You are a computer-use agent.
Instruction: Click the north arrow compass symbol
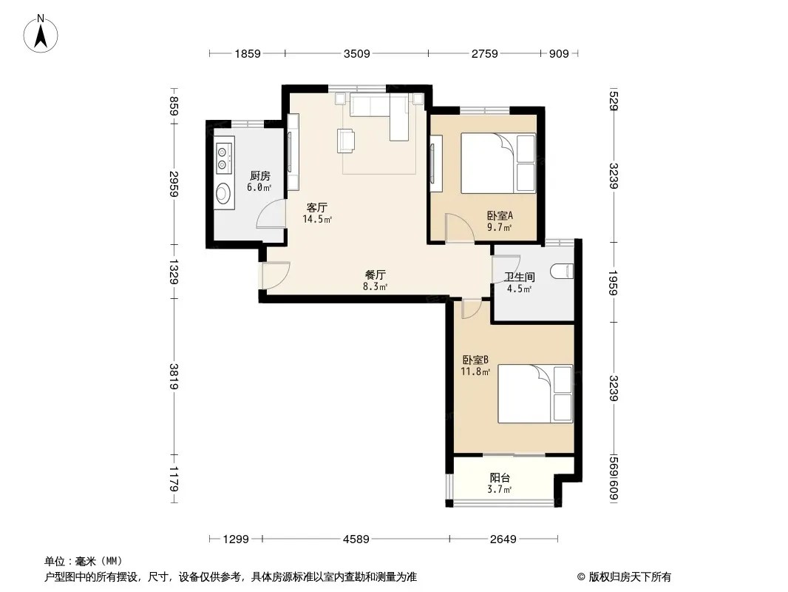[41, 33]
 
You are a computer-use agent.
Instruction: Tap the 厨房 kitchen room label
[259, 176]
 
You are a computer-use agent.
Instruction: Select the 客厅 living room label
[317, 207]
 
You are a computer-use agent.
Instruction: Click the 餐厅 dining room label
[376, 275]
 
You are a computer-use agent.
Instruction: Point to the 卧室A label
[500, 216]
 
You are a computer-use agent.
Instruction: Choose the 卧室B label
[475, 360]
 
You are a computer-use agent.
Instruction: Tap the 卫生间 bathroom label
[519, 277]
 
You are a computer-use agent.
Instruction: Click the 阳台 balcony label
[500, 478]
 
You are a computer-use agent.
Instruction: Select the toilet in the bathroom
[561, 271]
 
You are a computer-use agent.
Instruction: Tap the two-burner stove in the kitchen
[223, 157]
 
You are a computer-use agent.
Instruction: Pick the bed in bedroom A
[498, 163]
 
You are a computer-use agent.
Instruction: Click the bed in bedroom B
[535, 394]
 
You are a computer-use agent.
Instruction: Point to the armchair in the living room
[346, 141]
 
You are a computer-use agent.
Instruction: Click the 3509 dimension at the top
[357, 53]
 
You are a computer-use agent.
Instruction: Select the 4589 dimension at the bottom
[356, 539]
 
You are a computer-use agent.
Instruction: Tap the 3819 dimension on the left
[174, 376]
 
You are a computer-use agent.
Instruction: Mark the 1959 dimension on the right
[613, 283]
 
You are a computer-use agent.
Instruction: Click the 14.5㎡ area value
[317, 219]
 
